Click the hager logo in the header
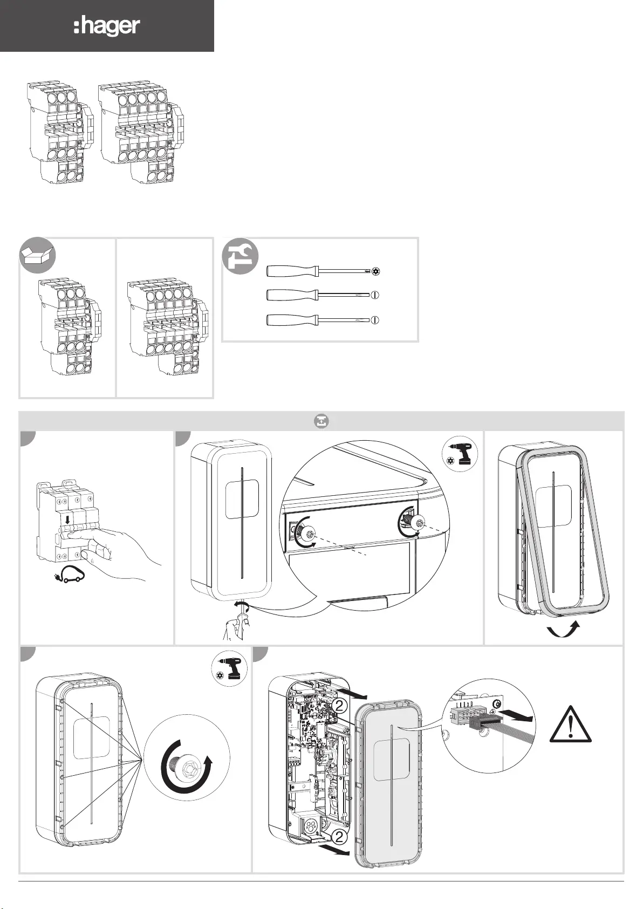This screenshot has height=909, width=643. click(107, 26)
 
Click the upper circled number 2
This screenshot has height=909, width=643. click(339, 705)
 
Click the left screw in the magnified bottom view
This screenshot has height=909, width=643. click(309, 534)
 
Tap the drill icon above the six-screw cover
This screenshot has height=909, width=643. click(230, 668)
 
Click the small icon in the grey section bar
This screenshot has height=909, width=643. click(321, 421)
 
